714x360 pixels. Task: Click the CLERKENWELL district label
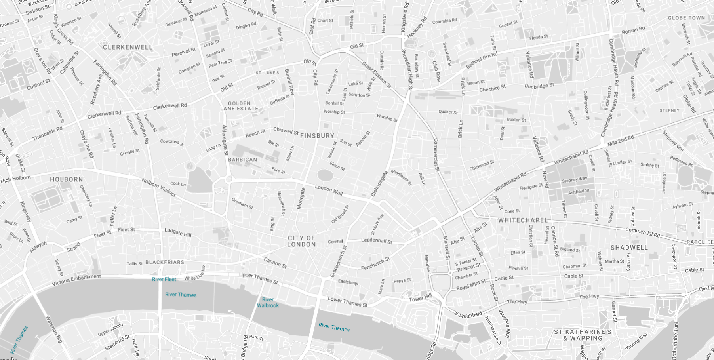pyautogui.click(x=128, y=47)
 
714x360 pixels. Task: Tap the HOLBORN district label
pyautogui.click(x=66, y=179)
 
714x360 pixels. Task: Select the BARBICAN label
pyautogui.click(x=242, y=160)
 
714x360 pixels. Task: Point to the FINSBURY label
pyautogui.click(x=317, y=136)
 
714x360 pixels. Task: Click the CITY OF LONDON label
pyautogui.click(x=301, y=241)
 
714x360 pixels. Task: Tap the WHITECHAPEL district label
pyautogui.click(x=523, y=220)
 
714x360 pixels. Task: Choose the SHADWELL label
pyautogui.click(x=629, y=248)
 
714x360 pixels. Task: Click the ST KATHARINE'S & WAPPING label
pyautogui.click(x=583, y=335)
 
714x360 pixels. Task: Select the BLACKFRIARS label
pyautogui.click(x=165, y=262)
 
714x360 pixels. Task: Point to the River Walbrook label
pyautogui.click(x=268, y=302)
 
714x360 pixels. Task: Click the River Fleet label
pyautogui.click(x=164, y=279)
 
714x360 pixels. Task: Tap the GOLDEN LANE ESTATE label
pyautogui.click(x=239, y=106)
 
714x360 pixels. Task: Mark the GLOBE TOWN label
pyautogui.click(x=686, y=18)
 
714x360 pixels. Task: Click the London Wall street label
pyautogui.click(x=329, y=190)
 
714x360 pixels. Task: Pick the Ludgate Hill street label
pyautogui.click(x=178, y=232)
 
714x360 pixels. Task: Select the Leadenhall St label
pyautogui.click(x=376, y=240)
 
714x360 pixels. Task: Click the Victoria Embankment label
pyautogui.click(x=76, y=280)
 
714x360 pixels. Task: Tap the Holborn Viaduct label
pyautogui.click(x=158, y=187)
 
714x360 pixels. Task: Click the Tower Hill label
pyautogui.click(x=420, y=298)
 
